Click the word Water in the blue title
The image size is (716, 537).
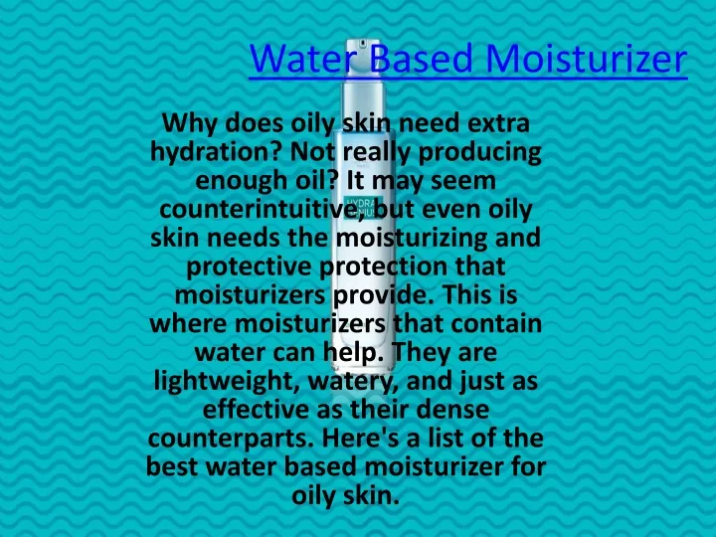pos(302,59)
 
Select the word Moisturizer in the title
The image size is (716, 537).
pos(587,59)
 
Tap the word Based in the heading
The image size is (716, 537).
pos(420,59)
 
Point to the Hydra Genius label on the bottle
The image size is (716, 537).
pos(364,208)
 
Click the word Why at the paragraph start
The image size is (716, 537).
pos(190,124)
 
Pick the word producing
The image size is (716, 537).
pos(480,153)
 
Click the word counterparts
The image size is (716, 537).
pos(231,439)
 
